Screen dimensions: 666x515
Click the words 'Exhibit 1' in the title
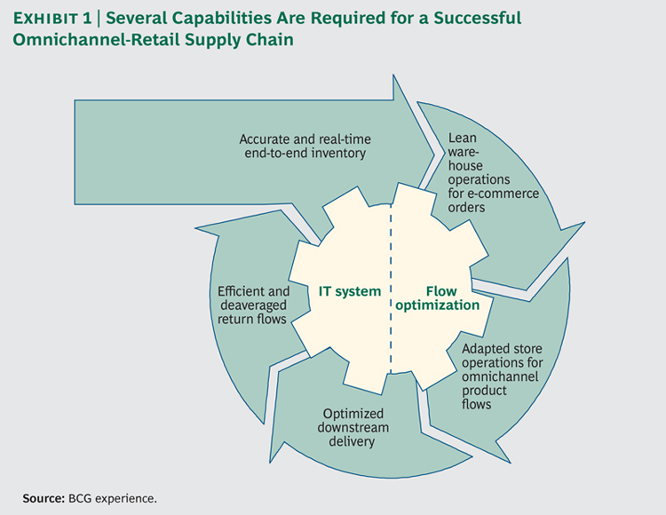pyautogui.click(x=52, y=19)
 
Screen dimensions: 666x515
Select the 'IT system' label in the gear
pyautogui.click(x=350, y=291)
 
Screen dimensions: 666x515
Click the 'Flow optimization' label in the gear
pyautogui.click(x=438, y=298)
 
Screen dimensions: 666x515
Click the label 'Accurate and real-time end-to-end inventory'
pyautogui.click(x=305, y=146)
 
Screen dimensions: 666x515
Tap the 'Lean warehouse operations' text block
pyautogui.click(x=493, y=172)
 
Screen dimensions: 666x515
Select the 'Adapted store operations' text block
pyautogui.click(x=503, y=376)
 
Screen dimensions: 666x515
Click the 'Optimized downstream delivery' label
pyautogui.click(x=353, y=428)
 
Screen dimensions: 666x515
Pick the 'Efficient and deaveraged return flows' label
pyautogui.click(x=254, y=305)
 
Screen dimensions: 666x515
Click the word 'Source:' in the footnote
pyautogui.click(x=44, y=498)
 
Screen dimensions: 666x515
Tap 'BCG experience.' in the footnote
pyautogui.click(x=113, y=498)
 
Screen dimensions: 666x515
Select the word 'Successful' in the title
pyautogui.click(x=478, y=19)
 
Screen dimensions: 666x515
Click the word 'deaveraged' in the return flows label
pyautogui.click(x=254, y=305)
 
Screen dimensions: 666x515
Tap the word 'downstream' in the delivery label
pyautogui.click(x=353, y=428)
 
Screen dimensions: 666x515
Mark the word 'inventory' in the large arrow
pyautogui.click(x=338, y=154)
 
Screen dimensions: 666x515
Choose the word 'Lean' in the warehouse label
pyautogui.click(x=463, y=138)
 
